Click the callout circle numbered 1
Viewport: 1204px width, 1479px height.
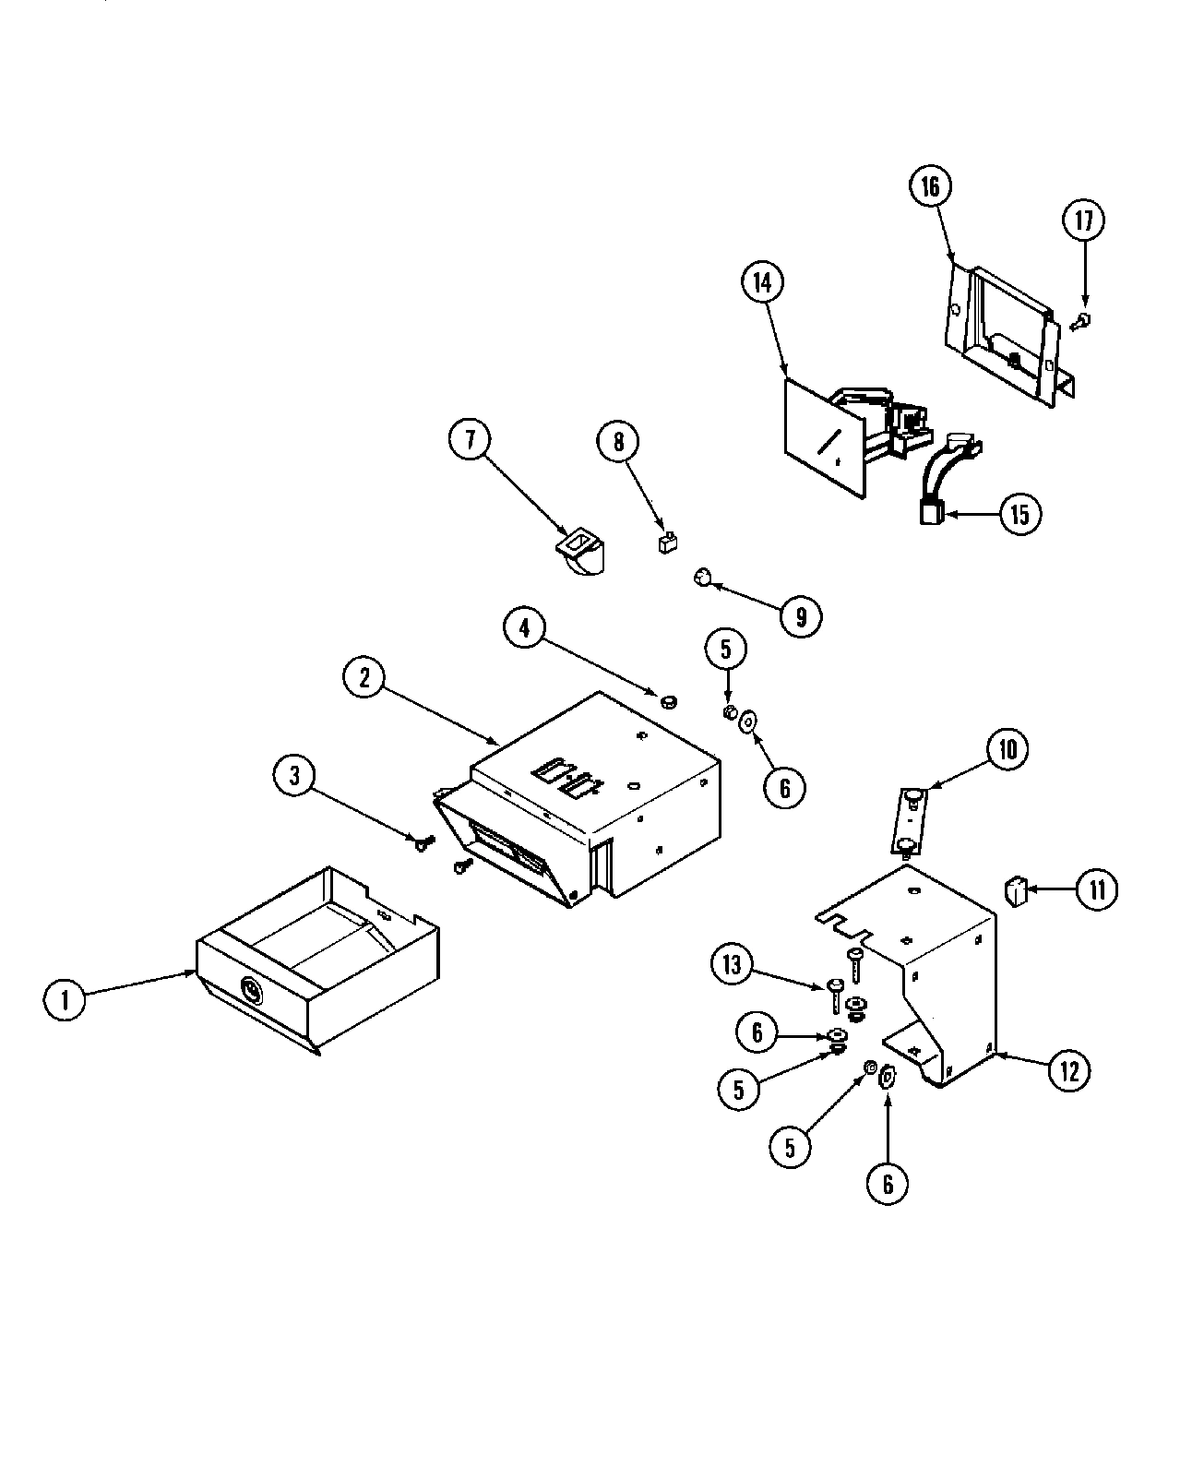[x=66, y=999]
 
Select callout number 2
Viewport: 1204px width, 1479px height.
[x=365, y=678]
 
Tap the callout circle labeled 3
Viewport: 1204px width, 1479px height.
[x=295, y=776]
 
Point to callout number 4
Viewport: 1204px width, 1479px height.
[x=525, y=629]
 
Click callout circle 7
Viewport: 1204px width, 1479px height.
[x=471, y=440]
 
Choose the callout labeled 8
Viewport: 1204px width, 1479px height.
[x=618, y=442]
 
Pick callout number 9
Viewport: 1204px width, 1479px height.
[x=800, y=616]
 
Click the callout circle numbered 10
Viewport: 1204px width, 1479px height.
[x=1007, y=749]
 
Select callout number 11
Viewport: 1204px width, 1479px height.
[x=1095, y=889]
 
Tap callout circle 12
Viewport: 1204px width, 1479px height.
[x=1068, y=1070]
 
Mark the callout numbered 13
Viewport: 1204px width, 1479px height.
[x=733, y=965]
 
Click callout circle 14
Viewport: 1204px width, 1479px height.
[x=761, y=283]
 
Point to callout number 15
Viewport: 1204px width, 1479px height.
[x=1018, y=514]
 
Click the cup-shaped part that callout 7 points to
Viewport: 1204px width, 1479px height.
[x=579, y=554]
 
